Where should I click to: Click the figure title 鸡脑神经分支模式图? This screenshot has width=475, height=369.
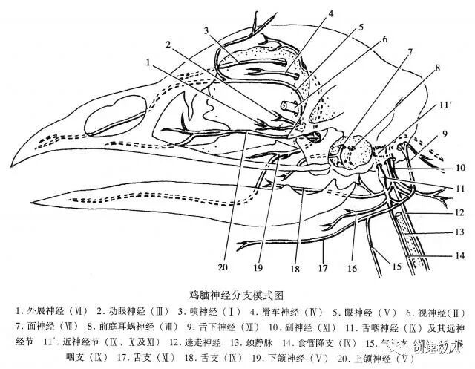(239, 294)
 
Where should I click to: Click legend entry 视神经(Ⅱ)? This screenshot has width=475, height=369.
(432, 310)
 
